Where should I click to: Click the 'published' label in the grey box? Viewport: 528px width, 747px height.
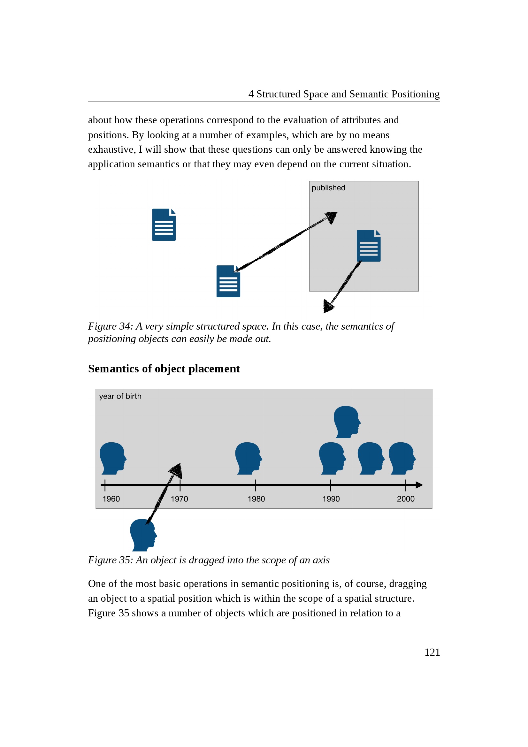point(328,188)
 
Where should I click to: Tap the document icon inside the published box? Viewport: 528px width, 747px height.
point(369,246)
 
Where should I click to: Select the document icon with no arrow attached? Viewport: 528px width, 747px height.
point(164,225)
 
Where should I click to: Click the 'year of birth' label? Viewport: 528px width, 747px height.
point(120,396)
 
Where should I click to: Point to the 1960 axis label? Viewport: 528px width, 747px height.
point(111,499)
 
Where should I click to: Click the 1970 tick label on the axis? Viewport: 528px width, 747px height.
point(179,499)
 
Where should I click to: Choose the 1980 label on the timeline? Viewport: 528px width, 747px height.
point(256,499)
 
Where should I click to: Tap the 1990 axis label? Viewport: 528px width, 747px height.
point(331,499)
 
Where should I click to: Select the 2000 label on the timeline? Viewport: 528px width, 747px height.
point(406,499)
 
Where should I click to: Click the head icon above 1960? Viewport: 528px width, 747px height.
point(113,458)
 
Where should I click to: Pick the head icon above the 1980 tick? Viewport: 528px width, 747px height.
point(248,458)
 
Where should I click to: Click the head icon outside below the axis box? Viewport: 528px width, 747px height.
point(143,535)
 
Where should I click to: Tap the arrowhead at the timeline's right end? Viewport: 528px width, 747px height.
point(419,485)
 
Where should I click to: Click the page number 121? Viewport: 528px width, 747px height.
point(432,652)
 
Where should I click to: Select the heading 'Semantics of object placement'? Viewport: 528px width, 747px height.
point(164,369)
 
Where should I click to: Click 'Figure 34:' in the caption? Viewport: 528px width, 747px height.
point(111,326)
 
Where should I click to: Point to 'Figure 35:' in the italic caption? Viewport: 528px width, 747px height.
point(111,560)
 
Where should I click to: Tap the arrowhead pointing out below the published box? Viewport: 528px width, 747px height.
point(328,306)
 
